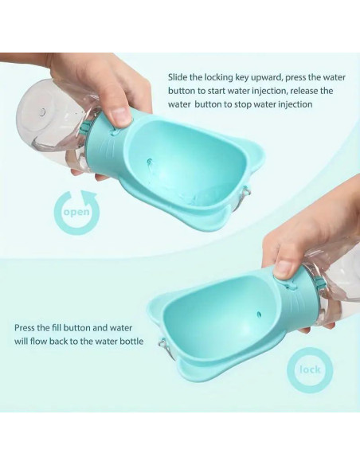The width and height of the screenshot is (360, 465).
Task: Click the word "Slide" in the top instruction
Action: click(x=178, y=77)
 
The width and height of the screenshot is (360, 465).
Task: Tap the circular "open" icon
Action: click(x=77, y=213)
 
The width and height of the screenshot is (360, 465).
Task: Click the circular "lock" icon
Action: click(x=309, y=370)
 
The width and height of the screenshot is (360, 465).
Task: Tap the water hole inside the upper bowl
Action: click(x=149, y=162)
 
